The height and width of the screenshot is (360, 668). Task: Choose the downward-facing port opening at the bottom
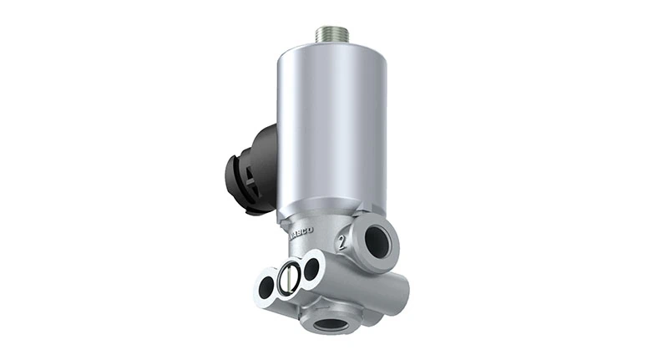point(331,322)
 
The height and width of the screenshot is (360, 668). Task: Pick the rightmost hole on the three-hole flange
point(311,268)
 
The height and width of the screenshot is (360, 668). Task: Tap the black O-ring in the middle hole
point(288,278)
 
